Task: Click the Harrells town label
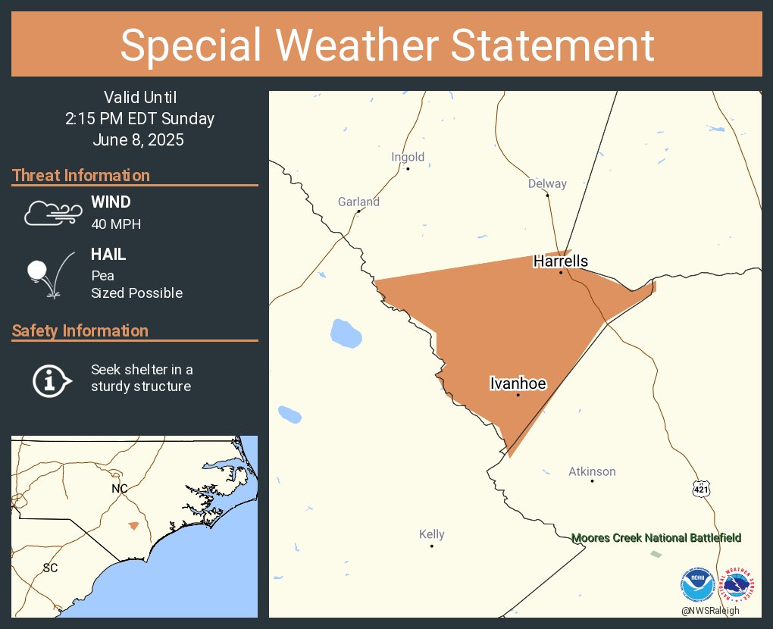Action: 560,261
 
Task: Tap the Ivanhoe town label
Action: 518,384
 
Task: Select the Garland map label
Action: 358,202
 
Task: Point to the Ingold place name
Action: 408,158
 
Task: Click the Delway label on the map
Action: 547,184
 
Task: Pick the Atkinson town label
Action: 592,471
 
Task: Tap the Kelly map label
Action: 432,534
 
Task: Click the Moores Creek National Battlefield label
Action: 656,538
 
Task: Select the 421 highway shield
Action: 701,489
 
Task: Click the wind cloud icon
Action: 51,213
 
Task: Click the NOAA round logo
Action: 697,586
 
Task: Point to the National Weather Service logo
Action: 738,584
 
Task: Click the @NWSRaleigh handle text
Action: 710,611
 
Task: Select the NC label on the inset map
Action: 120,489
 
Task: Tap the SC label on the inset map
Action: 50,568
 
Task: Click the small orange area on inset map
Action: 134,525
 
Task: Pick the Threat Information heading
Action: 81,175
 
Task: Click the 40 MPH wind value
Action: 116,224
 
